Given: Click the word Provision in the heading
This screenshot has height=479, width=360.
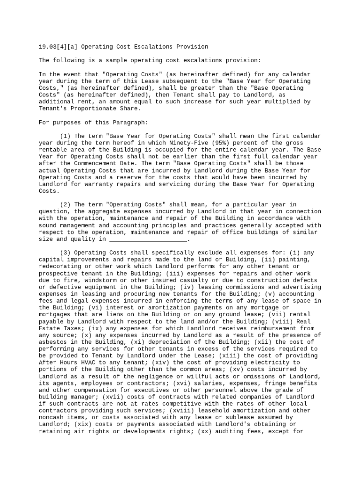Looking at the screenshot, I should (x=192, y=47).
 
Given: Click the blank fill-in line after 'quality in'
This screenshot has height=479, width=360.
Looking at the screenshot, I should (x=148, y=239).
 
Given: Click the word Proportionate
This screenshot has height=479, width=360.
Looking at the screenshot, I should (x=90, y=109).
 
